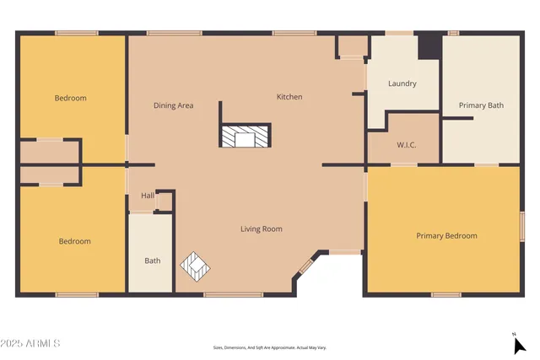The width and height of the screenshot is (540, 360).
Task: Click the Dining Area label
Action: pyautogui.click(x=173, y=105)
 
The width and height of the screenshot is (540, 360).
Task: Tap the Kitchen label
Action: pyautogui.click(x=289, y=97)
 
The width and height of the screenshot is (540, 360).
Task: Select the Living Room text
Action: pyautogui.click(x=261, y=228)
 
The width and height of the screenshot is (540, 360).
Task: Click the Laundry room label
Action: pyautogui.click(x=402, y=83)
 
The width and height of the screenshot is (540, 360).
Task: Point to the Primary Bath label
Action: pyautogui.click(x=481, y=105)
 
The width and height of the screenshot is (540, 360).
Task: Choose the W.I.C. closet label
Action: pyautogui.click(x=407, y=145)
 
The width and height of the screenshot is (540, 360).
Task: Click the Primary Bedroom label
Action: pyautogui.click(x=446, y=236)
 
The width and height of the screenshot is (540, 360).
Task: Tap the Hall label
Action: pyautogui.click(x=148, y=196)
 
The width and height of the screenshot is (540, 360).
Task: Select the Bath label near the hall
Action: pyautogui.click(x=152, y=261)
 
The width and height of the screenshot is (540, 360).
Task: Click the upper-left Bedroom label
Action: pyautogui.click(x=70, y=98)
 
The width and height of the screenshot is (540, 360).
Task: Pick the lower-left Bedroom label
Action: pyautogui.click(x=74, y=241)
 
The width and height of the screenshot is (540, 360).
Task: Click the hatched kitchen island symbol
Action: pyautogui.click(x=246, y=137)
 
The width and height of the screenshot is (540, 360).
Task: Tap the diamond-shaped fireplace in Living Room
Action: pyautogui.click(x=196, y=266)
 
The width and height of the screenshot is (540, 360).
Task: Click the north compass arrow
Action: pyautogui.click(x=517, y=343)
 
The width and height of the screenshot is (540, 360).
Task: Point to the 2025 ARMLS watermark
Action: pyautogui.click(x=30, y=343)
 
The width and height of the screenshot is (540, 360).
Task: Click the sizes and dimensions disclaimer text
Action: pyautogui.click(x=269, y=347)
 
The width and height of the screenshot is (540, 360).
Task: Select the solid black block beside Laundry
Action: pyautogui.click(x=429, y=46)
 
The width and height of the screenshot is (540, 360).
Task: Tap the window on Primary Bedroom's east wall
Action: pyautogui.click(x=522, y=228)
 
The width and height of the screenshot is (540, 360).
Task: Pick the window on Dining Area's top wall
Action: pyautogui.click(x=174, y=33)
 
